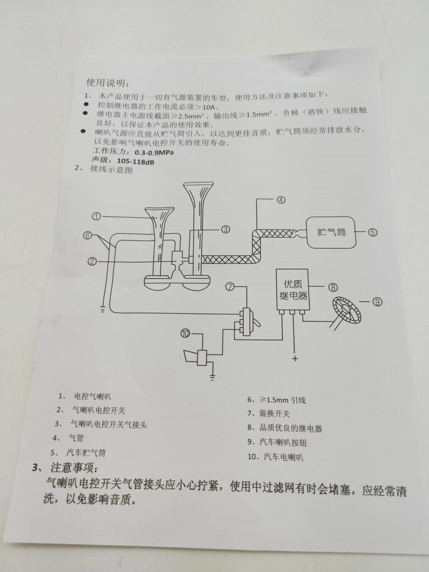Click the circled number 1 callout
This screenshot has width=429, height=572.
96,216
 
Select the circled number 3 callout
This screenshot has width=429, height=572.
225,229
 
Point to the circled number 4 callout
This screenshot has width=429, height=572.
281,200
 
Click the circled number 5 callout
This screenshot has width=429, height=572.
373,232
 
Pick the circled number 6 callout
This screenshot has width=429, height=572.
87,235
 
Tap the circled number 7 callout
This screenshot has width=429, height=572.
230,287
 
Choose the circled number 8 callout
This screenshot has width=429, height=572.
333,287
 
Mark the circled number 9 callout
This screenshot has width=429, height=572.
377,302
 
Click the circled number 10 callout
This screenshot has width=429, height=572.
185,333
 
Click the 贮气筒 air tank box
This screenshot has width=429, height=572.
331,232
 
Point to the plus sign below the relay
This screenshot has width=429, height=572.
295,359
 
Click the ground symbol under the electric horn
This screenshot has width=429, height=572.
212,378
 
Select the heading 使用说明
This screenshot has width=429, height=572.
107,82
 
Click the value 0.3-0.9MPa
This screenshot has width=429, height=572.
154,153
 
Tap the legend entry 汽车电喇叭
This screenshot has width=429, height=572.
284,457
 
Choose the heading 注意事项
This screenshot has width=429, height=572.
74,467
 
